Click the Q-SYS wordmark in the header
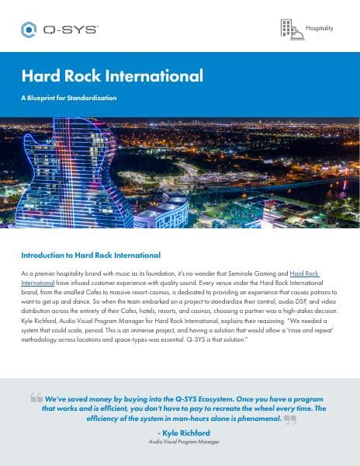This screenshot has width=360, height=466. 70,30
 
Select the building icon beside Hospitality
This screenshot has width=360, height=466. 291,29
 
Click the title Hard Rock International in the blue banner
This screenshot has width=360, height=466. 112,75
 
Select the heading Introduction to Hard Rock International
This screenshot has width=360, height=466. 91,255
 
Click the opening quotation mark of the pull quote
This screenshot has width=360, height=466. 36,397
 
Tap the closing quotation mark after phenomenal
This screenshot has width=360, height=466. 290,419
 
